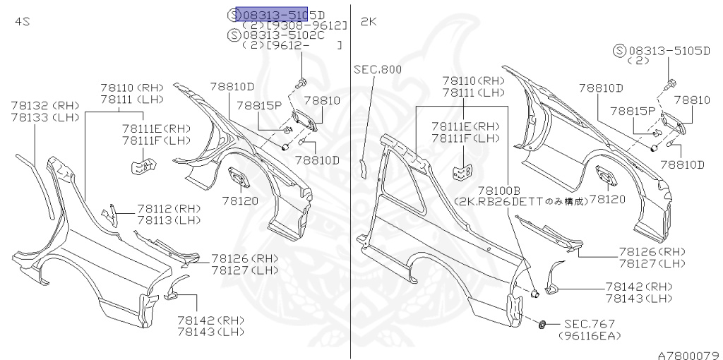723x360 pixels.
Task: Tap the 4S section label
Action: [22, 22]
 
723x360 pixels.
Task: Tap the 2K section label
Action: [369, 22]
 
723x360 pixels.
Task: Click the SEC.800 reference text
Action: [377, 69]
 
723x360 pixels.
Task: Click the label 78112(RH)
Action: [169, 209]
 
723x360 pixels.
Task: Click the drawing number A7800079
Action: [688, 354]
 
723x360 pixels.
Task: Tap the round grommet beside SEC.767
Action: [542, 324]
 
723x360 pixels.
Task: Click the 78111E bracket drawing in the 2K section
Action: [463, 172]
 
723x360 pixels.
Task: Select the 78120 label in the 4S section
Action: [241, 200]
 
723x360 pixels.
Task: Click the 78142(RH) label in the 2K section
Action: [638, 286]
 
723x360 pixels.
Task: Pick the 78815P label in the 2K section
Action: [633, 111]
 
